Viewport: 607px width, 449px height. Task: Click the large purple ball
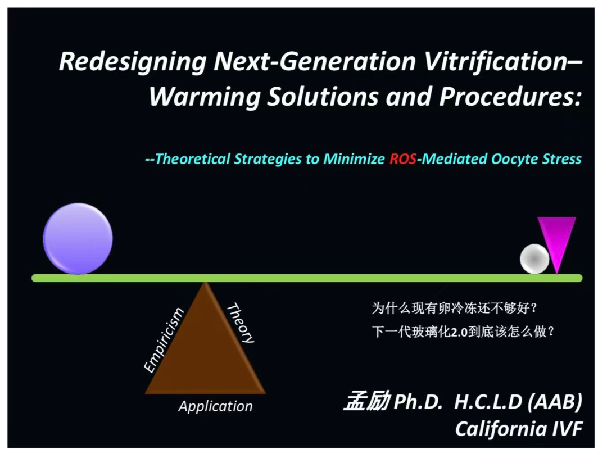click(78, 238)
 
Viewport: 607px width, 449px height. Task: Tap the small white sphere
click(534, 258)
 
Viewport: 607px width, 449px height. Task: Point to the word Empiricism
click(164, 340)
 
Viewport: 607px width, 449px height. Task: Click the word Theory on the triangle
click(241, 323)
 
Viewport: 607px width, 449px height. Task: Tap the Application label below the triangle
click(216, 406)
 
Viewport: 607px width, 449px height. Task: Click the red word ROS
click(403, 158)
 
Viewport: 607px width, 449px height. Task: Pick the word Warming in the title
click(205, 97)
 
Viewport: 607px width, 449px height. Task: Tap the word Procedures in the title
click(510, 96)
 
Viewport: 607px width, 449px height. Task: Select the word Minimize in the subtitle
click(354, 158)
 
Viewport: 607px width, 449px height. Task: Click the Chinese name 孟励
click(367, 401)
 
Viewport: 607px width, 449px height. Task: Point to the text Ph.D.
click(418, 402)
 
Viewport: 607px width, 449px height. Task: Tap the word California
click(500, 429)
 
